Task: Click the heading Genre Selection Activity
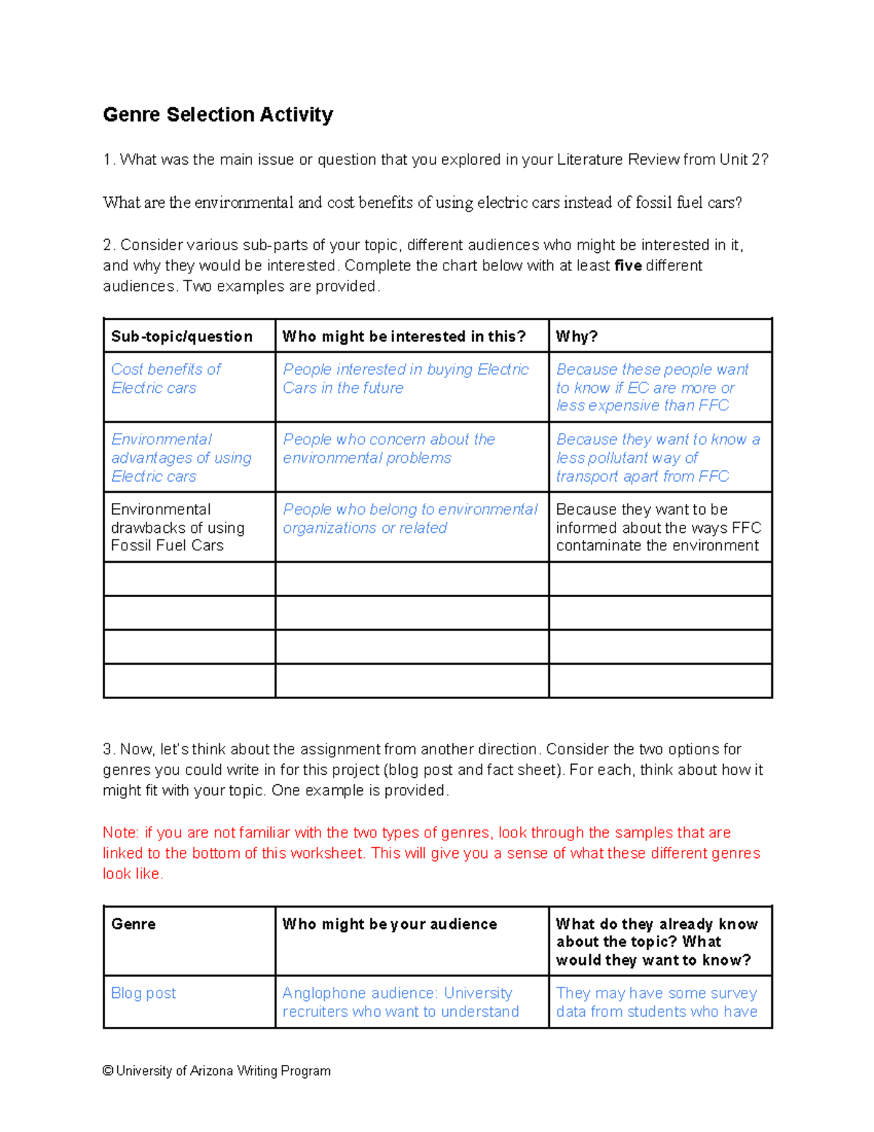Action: [x=218, y=114]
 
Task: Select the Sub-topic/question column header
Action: [x=181, y=336]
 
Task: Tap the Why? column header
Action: [x=577, y=336]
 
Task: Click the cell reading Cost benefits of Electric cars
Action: [x=166, y=378]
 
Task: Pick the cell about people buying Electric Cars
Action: [x=405, y=378]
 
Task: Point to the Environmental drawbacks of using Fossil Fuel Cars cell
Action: [x=178, y=527]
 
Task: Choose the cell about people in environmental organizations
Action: [x=410, y=518]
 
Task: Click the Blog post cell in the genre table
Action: [x=143, y=993]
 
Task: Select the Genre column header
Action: [x=133, y=924]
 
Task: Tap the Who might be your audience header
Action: [x=390, y=924]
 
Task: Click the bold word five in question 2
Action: [x=628, y=265]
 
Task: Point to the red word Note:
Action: [x=121, y=832]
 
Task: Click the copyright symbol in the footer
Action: [x=108, y=1071]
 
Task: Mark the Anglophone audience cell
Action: [x=401, y=1002]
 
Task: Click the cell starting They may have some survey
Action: [x=657, y=1002]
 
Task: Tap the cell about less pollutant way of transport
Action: [x=658, y=457]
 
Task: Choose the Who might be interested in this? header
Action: [x=403, y=336]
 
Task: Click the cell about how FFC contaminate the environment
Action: [x=658, y=527]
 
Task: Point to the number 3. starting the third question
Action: [x=109, y=749]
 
